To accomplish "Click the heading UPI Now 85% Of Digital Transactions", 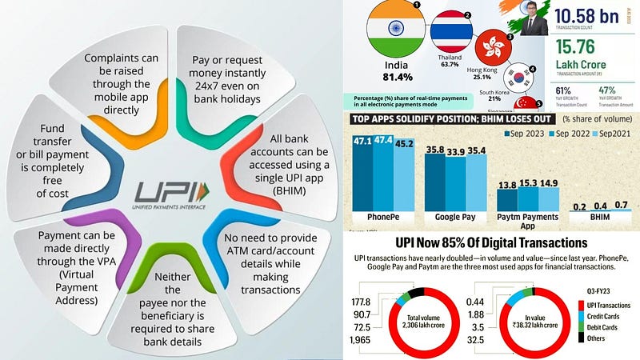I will coord(491,242).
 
